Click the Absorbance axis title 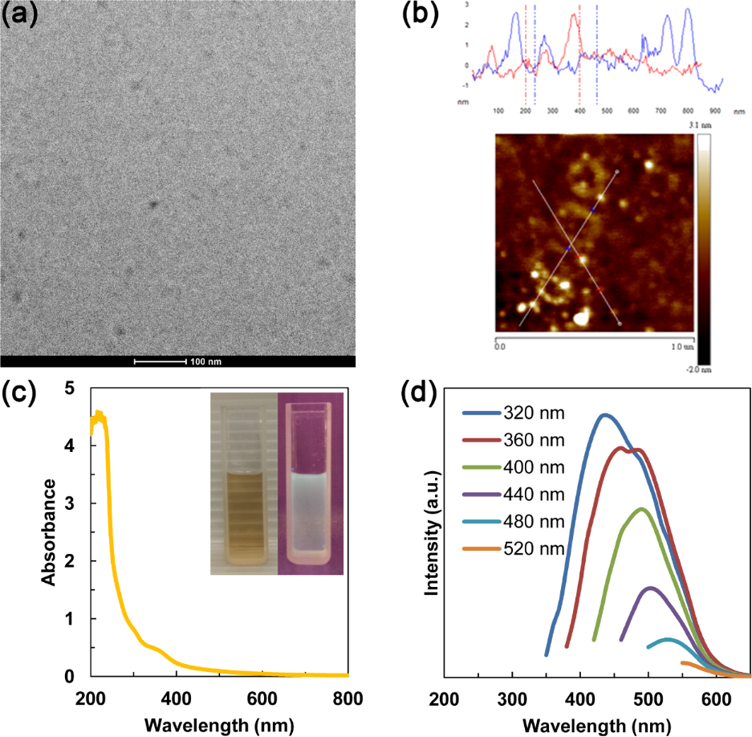(x=49, y=532)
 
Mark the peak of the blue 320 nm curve (x=604, y=415)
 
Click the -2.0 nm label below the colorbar (x=703, y=370)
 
